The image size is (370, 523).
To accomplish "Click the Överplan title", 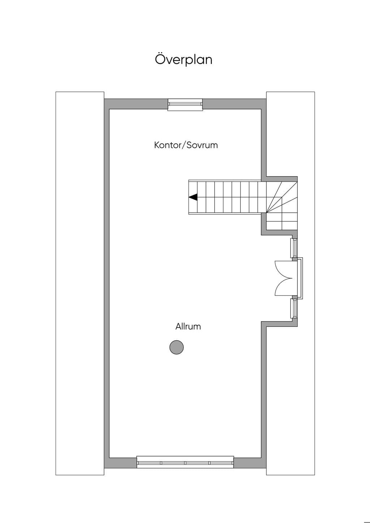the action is pyautogui.click(x=184, y=60).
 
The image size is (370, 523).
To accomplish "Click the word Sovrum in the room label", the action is pyautogui.click(x=202, y=145).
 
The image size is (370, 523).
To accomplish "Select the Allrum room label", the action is pyautogui.click(x=188, y=326).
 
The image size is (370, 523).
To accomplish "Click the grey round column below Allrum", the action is pyautogui.click(x=176, y=347).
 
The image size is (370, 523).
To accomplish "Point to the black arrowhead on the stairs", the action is pyautogui.click(x=193, y=197).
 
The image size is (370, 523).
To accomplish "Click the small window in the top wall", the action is pyautogui.click(x=185, y=105).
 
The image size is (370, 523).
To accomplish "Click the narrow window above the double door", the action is pyautogui.click(x=294, y=248).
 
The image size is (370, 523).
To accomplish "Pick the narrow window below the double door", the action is pyautogui.click(x=294, y=308).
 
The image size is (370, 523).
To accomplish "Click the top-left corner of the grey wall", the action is pyautogui.click(x=104, y=99).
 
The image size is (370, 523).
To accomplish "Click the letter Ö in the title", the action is pyautogui.click(x=160, y=59).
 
